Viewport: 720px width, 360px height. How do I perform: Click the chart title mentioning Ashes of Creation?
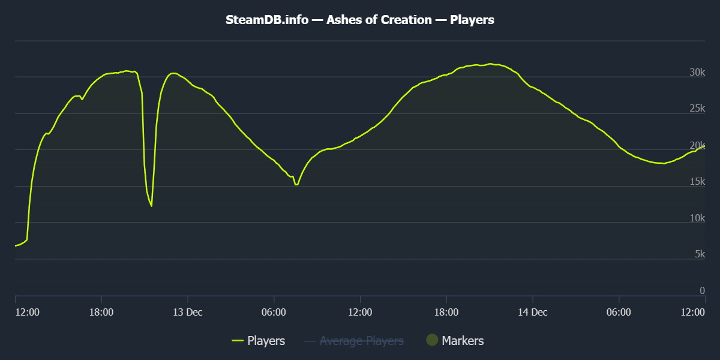(360, 20)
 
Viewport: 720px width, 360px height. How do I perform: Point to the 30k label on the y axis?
(697, 73)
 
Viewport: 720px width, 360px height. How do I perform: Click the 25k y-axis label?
(697, 109)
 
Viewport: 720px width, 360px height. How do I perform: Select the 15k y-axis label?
(697, 182)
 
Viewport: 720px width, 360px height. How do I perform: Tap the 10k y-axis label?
(697, 218)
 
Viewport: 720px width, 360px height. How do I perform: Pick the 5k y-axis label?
(700, 254)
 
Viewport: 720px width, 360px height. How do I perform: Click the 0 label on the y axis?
(703, 291)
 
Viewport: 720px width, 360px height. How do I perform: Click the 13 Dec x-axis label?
(188, 312)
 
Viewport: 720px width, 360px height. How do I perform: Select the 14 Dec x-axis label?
(532, 312)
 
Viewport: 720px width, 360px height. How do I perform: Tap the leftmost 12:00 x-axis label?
(27, 312)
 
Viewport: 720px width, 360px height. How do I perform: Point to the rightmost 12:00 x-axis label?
(693, 312)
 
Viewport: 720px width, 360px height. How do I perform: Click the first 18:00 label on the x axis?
(101, 312)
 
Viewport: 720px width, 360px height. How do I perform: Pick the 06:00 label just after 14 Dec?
(619, 312)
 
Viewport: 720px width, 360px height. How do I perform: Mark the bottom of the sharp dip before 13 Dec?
(151, 206)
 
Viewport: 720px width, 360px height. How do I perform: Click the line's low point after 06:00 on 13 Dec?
(296, 185)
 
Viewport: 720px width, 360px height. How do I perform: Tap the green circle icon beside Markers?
(432, 340)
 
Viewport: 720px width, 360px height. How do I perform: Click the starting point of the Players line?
(16, 246)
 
